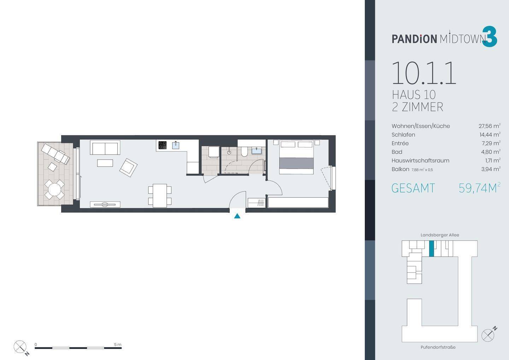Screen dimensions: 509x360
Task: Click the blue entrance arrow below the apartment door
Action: (x=237, y=216)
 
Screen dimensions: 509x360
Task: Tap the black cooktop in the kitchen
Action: (x=163, y=145)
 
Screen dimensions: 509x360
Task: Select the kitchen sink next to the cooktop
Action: (x=176, y=145)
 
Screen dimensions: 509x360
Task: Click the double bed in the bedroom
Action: (x=296, y=157)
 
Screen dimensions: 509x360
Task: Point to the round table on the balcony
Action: (x=54, y=189)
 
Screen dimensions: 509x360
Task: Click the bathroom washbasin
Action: (x=257, y=151)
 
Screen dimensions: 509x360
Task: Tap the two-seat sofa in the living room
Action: (x=105, y=147)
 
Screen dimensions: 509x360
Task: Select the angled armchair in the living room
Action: (x=128, y=168)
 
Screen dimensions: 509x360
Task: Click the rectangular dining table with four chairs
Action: (x=160, y=196)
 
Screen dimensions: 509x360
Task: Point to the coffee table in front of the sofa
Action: (x=105, y=163)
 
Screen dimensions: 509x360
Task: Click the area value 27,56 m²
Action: (x=490, y=126)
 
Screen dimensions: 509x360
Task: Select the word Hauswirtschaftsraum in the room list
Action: (x=420, y=161)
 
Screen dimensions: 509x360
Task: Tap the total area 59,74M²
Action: (x=479, y=188)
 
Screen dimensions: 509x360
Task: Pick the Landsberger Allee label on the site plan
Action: (x=440, y=235)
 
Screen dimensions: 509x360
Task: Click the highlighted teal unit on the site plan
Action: (x=432, y=249)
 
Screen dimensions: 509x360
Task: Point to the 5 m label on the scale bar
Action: (x=118, y=344)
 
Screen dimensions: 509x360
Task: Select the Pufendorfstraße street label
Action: (x=438, y=347)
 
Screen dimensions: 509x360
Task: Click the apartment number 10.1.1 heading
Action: (x=424, y=73)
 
